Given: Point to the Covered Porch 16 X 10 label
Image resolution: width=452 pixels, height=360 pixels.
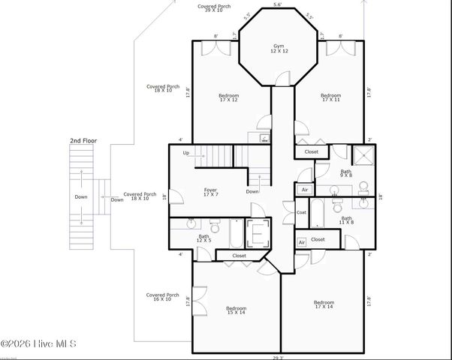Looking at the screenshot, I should [162, 298].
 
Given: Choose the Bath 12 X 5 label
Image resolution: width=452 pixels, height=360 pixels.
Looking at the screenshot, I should [203, 238].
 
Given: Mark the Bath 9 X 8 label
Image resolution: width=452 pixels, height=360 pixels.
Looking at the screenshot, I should [345, 174].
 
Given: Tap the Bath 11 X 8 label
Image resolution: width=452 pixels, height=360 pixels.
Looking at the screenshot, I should [346, 220].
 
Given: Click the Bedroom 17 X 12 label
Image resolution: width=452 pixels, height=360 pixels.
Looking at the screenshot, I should [228, 97].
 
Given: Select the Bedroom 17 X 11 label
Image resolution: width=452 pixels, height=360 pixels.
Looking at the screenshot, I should [330, 97].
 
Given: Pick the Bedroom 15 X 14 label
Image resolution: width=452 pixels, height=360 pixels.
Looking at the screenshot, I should [236, 310].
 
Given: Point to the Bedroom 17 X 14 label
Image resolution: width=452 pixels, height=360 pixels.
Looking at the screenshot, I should [324, 304].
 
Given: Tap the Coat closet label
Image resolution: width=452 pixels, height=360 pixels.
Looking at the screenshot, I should [301, 212].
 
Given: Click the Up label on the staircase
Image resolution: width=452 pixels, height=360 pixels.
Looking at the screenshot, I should [186, 153].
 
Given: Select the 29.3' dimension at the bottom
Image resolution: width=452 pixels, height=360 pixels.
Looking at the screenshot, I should [278, 357].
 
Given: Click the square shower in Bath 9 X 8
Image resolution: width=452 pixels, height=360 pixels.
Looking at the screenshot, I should [363, 155].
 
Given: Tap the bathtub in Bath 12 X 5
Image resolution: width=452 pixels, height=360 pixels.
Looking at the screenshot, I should [236, 233].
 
